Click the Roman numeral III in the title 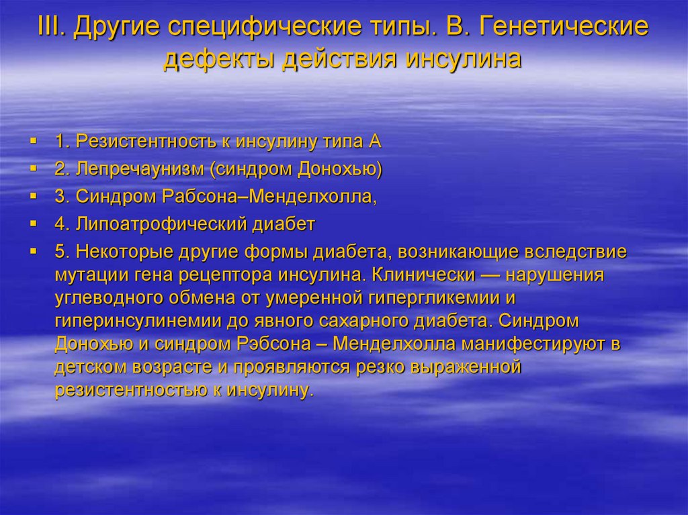(53, 28)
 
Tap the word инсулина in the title (463, 59)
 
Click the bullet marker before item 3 (32, 197)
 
